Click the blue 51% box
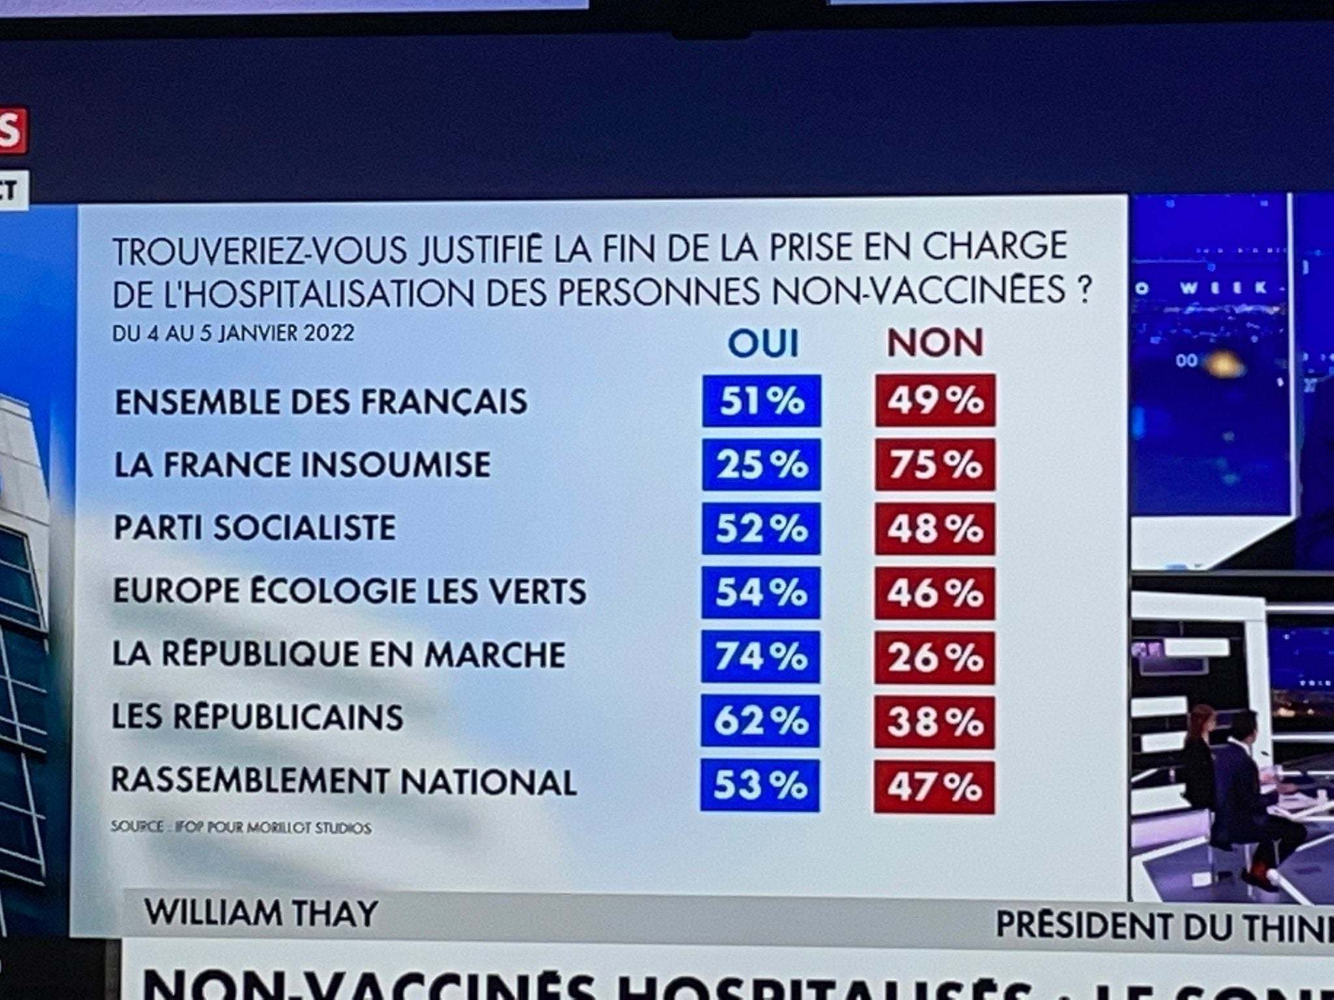(x=761, y=401)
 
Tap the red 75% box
(x=935, y=465)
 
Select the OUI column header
(x=763, y=343)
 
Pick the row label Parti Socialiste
(x=255, y=527)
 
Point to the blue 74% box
(x=761, y=656)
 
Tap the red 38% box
(x=935, y=722)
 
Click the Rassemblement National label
(x=344, y=781)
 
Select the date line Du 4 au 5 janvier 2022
(x=233, y=333)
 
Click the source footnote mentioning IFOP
(x=241, y=827)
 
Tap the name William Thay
(x=261, y=913)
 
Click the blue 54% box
(x=761, y=592)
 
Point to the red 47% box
(x=934, y=787)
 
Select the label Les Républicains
(x=257, y=717)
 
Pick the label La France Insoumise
(x=302, y=465)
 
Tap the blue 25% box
(x=761, y=465)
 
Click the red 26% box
(x=935, y=658)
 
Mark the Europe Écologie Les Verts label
(x=350, y=591)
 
